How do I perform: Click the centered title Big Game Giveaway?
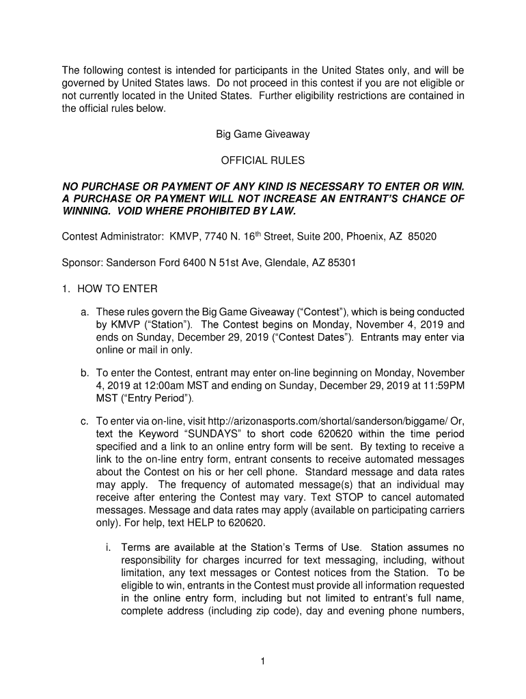(x=263, y=134)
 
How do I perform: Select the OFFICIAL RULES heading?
(x=263, y=161)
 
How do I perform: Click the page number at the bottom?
(x=263, y=661)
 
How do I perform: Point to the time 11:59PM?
(x=443, y=385)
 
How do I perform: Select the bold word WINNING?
(x=87, y=212)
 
